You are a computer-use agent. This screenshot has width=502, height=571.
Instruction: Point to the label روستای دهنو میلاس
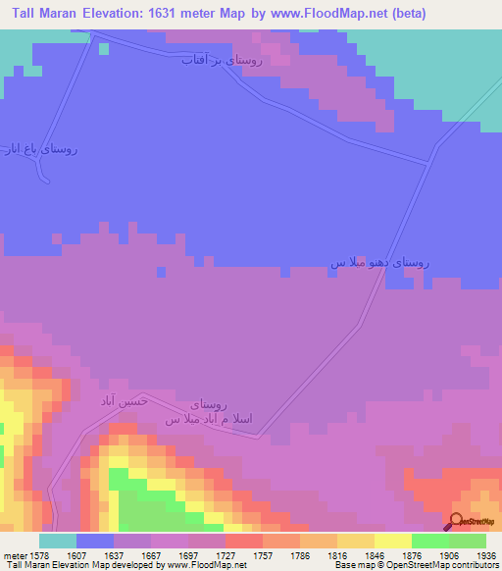coord(377,263)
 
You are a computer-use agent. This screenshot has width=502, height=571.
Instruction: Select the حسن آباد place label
coord(121,401)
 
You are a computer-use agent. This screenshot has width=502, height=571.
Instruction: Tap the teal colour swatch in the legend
coord(58,541)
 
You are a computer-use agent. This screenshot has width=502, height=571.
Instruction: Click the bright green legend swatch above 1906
coord(429,541)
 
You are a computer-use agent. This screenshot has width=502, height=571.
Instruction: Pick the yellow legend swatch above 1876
coord(392,541)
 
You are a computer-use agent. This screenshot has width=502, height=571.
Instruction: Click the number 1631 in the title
coord(175,14)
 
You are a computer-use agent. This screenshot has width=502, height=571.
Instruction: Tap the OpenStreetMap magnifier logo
coord(455,521)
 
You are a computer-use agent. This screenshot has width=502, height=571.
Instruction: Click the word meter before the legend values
coord(16,554)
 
